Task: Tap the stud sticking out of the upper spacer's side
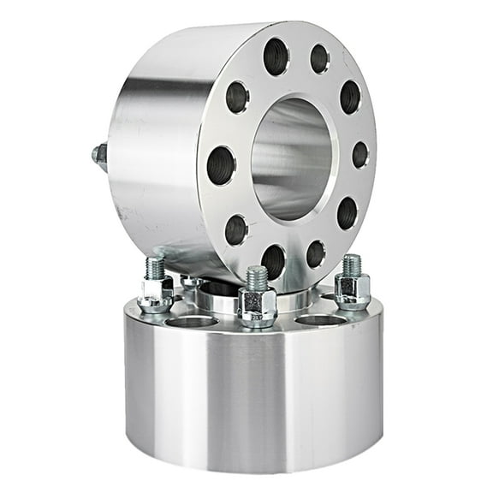pos(100,155)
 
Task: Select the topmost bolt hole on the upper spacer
pos(276,56)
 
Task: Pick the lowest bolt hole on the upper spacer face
pos(274,259)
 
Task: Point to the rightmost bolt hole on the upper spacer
pos(360,155)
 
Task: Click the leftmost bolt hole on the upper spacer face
pos(221,164)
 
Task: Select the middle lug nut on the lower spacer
pos(256,305)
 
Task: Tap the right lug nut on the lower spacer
pos(352,290)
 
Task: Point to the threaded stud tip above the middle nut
pos(256,276)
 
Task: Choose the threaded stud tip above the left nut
pos(156,266)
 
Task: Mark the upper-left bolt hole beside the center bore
pos(237,97)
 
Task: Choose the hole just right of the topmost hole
pos(319,58)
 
